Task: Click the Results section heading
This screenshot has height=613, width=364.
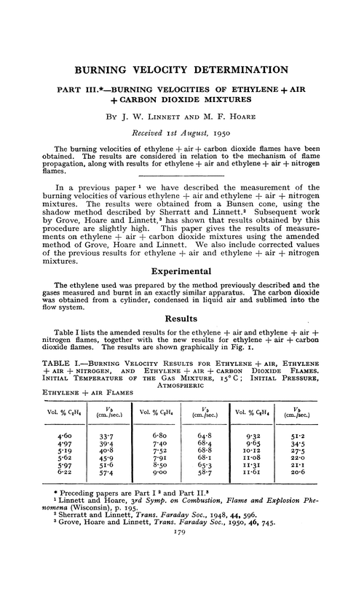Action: pos(181,319)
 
